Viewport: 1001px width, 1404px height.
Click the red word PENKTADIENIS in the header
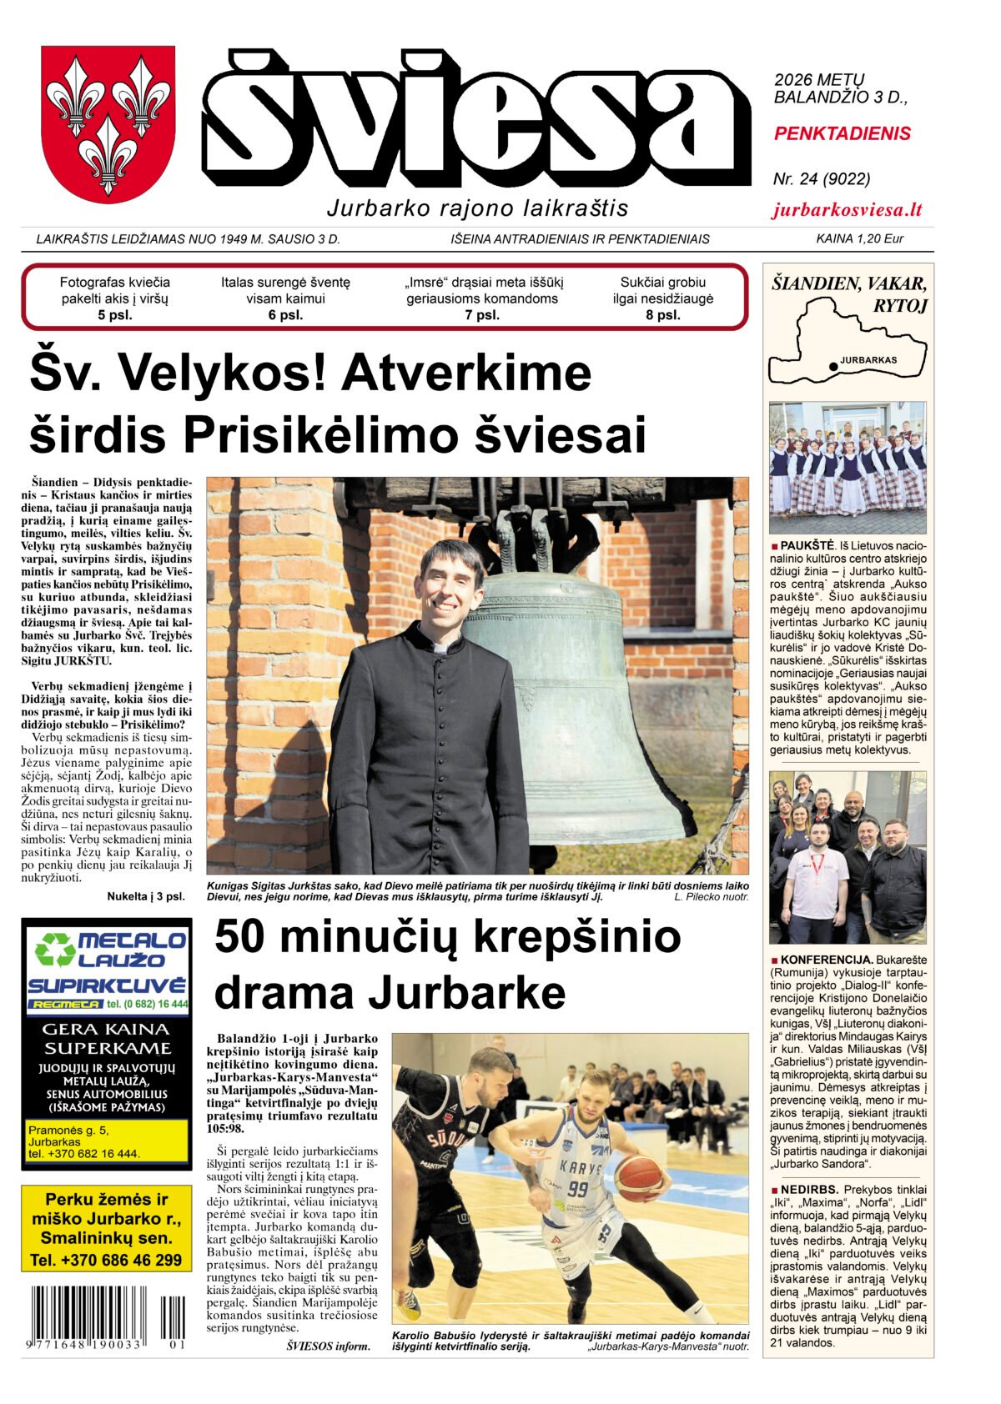click(842, 133)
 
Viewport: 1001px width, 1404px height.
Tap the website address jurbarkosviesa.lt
click(847, 210)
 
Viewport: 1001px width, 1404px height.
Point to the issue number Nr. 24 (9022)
click(822, 178)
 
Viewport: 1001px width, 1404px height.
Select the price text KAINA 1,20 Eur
click(859, 239)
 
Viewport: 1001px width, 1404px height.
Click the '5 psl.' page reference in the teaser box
click(114, 315)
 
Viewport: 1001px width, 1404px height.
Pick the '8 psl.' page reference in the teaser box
click(662, 315)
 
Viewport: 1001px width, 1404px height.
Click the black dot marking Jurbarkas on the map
click(832, 366)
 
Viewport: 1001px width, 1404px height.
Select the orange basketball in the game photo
click(638, 1177)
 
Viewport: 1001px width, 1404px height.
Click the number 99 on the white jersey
click(577, 1187)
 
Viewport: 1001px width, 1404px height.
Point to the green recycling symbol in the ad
click(55, 950)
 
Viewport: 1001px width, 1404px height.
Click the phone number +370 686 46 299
click(106, 1260)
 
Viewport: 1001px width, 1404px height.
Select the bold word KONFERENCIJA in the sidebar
click(826, 960)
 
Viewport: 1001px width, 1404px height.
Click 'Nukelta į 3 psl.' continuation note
click(146, 896)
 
